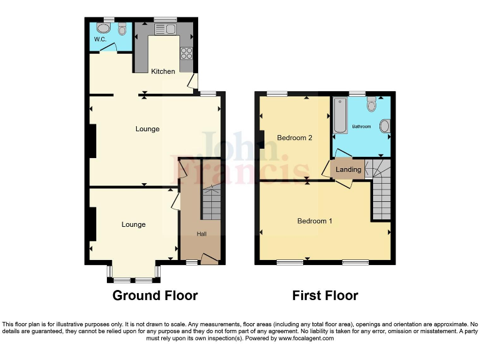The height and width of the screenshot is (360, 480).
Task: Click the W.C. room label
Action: coord(100,40)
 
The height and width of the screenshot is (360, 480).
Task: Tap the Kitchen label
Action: coord(163,71)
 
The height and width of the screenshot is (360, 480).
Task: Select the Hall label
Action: coord(202,234)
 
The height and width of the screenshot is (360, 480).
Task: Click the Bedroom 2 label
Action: coord(295,137)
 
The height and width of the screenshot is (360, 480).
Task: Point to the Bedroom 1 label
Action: coord(314,221)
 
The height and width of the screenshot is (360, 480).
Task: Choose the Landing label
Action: coord(348,169)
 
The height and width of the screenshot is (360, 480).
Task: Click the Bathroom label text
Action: coord(361,126)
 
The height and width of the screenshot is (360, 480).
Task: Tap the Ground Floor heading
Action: coord(155,296)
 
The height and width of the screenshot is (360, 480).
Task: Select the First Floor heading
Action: coord(325,296)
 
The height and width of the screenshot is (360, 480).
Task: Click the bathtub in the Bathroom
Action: coord(340,116)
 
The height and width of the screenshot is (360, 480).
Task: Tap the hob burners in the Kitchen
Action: coord(186,53)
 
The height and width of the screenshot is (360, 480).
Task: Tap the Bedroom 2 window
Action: coord(277,94)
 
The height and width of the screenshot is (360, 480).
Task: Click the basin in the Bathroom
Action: coord(384,127)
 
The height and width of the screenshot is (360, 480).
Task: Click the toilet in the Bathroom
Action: coord(372,104)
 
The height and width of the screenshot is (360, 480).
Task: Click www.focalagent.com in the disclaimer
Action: coord(306,338)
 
